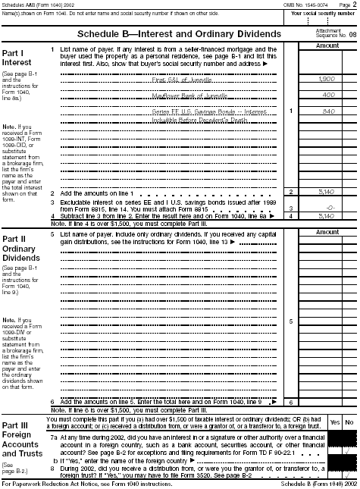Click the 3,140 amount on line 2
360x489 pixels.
point(327,171)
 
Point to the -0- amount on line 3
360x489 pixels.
point(329,187)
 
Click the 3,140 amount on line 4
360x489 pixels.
point(327,195)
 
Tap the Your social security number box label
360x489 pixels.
point(318,14)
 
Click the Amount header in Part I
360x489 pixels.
point(326,47)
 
